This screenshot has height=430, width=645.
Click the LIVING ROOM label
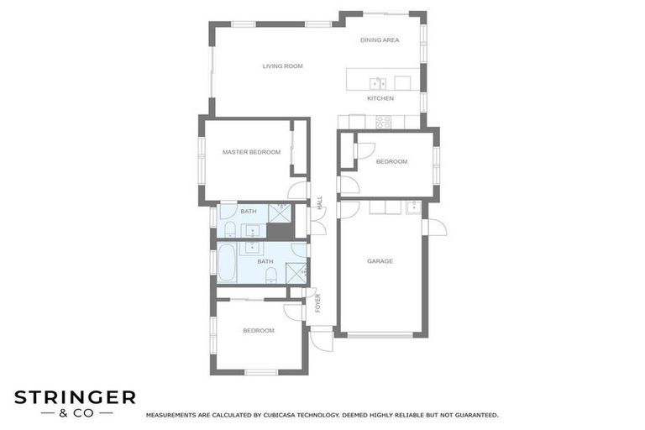pos(282,66)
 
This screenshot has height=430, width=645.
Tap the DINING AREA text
pos(380,40)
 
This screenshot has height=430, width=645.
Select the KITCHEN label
pos(380,98)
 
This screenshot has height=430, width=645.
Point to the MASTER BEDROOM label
pos(251,152)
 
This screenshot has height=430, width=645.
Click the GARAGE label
pos(380,261)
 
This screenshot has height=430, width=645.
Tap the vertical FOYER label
pos(317,303)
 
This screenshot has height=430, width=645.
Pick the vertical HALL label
pos(320,202)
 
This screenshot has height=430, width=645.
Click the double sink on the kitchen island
pos(378,83)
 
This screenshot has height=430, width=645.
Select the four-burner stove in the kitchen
pos(384,123)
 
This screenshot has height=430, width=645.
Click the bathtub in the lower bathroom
pos(227,263)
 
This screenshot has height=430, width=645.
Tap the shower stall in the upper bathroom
pos(280,212)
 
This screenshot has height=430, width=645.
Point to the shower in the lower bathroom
pos(296,273)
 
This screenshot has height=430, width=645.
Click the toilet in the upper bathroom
pos(230,229)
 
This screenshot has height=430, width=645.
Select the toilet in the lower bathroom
pos(270,275)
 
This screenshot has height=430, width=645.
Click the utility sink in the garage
pos(412,207)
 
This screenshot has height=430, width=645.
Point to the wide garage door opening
pos(380,335)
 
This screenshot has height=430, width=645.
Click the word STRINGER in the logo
pos(75,397)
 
